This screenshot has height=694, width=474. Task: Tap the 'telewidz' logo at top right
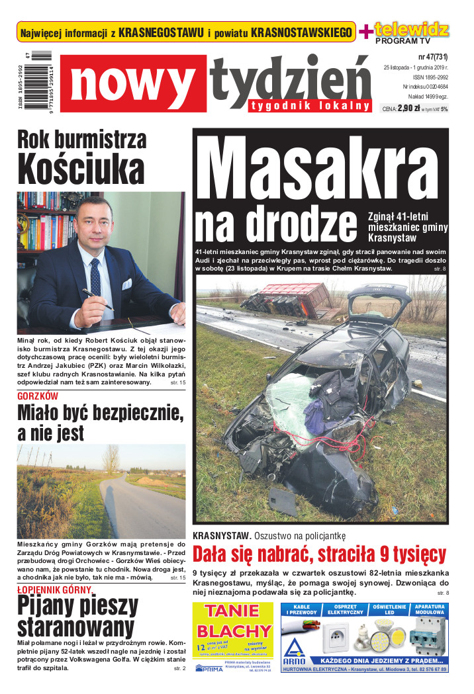[x=411, y=29]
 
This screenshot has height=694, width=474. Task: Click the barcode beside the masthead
[x=41, y=83]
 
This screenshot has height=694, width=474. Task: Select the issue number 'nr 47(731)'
[x=433, y=57]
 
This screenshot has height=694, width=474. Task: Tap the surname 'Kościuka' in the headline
[x=81, y=169]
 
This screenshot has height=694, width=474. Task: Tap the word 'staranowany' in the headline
[x=75, y=627]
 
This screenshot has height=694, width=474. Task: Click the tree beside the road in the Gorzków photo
[x=110, y=458]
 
